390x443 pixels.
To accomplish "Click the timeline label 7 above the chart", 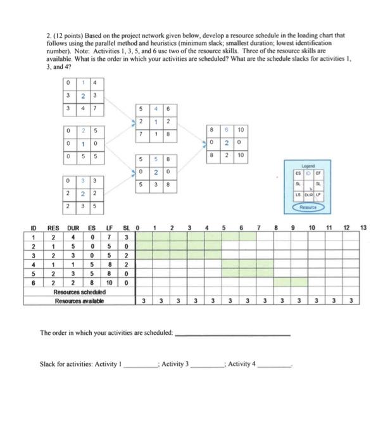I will pyautogui.click(x=258, y=227).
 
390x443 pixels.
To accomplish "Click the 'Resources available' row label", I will pyautogui.click(x=79, y=301).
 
